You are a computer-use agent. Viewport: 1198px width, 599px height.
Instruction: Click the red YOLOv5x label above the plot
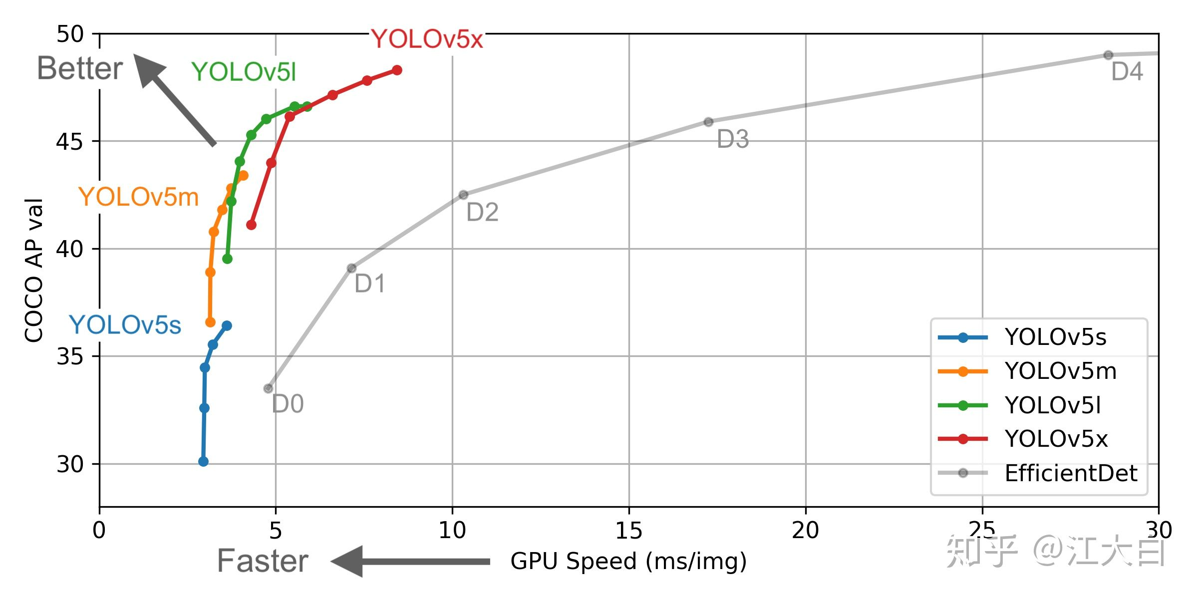click(427, 39)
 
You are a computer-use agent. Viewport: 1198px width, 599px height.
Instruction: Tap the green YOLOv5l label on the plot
click(244, 72)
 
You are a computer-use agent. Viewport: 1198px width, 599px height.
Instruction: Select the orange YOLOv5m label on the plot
click(138, 197)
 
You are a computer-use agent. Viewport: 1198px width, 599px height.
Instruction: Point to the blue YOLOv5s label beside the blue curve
click(125, 325)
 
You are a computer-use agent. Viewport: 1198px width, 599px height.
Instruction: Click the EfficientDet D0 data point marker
click(268, 388)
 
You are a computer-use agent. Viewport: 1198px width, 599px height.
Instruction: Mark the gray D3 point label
click(732, 139)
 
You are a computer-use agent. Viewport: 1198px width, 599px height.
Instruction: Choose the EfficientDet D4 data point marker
click(1108, 55)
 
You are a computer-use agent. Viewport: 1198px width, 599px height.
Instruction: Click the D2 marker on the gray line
click(463, 195)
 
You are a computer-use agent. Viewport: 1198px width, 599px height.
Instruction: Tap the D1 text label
click(369, 284)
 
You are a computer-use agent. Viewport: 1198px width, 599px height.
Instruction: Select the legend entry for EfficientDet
click(1070, 473)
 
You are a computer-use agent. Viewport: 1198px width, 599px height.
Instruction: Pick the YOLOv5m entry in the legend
click(1060, 371)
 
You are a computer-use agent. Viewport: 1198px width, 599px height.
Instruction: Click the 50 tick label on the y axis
click(70, 34)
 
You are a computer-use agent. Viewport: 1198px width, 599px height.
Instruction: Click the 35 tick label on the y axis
click(70, 356)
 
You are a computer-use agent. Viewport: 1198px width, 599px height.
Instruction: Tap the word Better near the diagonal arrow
click(80, 68)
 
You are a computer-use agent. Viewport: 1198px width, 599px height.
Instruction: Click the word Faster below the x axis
click(263, 561)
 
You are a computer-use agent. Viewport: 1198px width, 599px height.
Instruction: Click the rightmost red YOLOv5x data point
click(397, 70)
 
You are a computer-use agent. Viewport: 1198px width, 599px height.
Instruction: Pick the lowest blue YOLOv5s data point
click(203, 462)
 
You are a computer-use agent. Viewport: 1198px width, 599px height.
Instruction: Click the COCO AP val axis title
click(33, 270)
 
